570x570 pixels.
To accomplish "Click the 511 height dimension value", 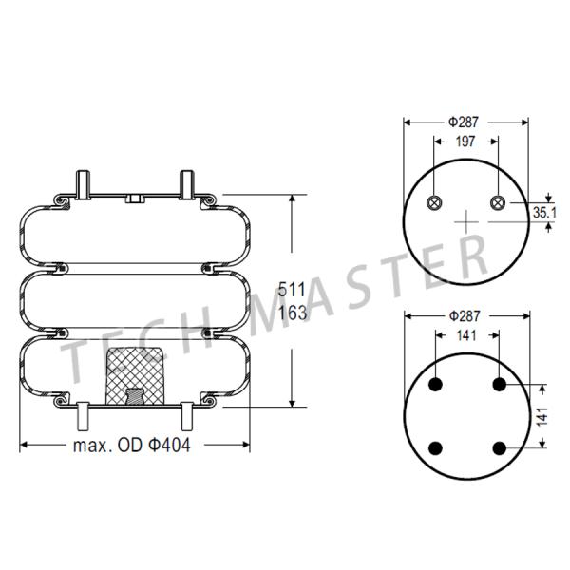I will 293,290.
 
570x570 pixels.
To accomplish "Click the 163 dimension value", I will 293,313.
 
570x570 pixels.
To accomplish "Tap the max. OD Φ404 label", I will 132,446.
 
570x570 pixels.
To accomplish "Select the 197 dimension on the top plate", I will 465,142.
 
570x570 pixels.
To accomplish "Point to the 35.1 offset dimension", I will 543,212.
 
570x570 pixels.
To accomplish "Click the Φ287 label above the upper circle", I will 465,122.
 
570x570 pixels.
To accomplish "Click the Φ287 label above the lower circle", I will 465,315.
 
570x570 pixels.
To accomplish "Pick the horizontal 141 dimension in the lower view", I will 465,335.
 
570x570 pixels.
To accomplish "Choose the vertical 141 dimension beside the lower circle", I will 542,416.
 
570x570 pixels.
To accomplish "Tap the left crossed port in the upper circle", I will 435,202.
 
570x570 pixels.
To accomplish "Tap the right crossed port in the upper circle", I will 498,202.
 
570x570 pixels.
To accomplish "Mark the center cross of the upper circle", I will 466,223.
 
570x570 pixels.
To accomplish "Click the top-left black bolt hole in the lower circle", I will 437,385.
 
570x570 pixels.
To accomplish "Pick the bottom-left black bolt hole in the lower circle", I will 437,447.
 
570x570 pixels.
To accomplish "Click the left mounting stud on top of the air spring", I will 83,183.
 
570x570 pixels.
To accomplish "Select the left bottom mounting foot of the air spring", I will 82,414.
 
